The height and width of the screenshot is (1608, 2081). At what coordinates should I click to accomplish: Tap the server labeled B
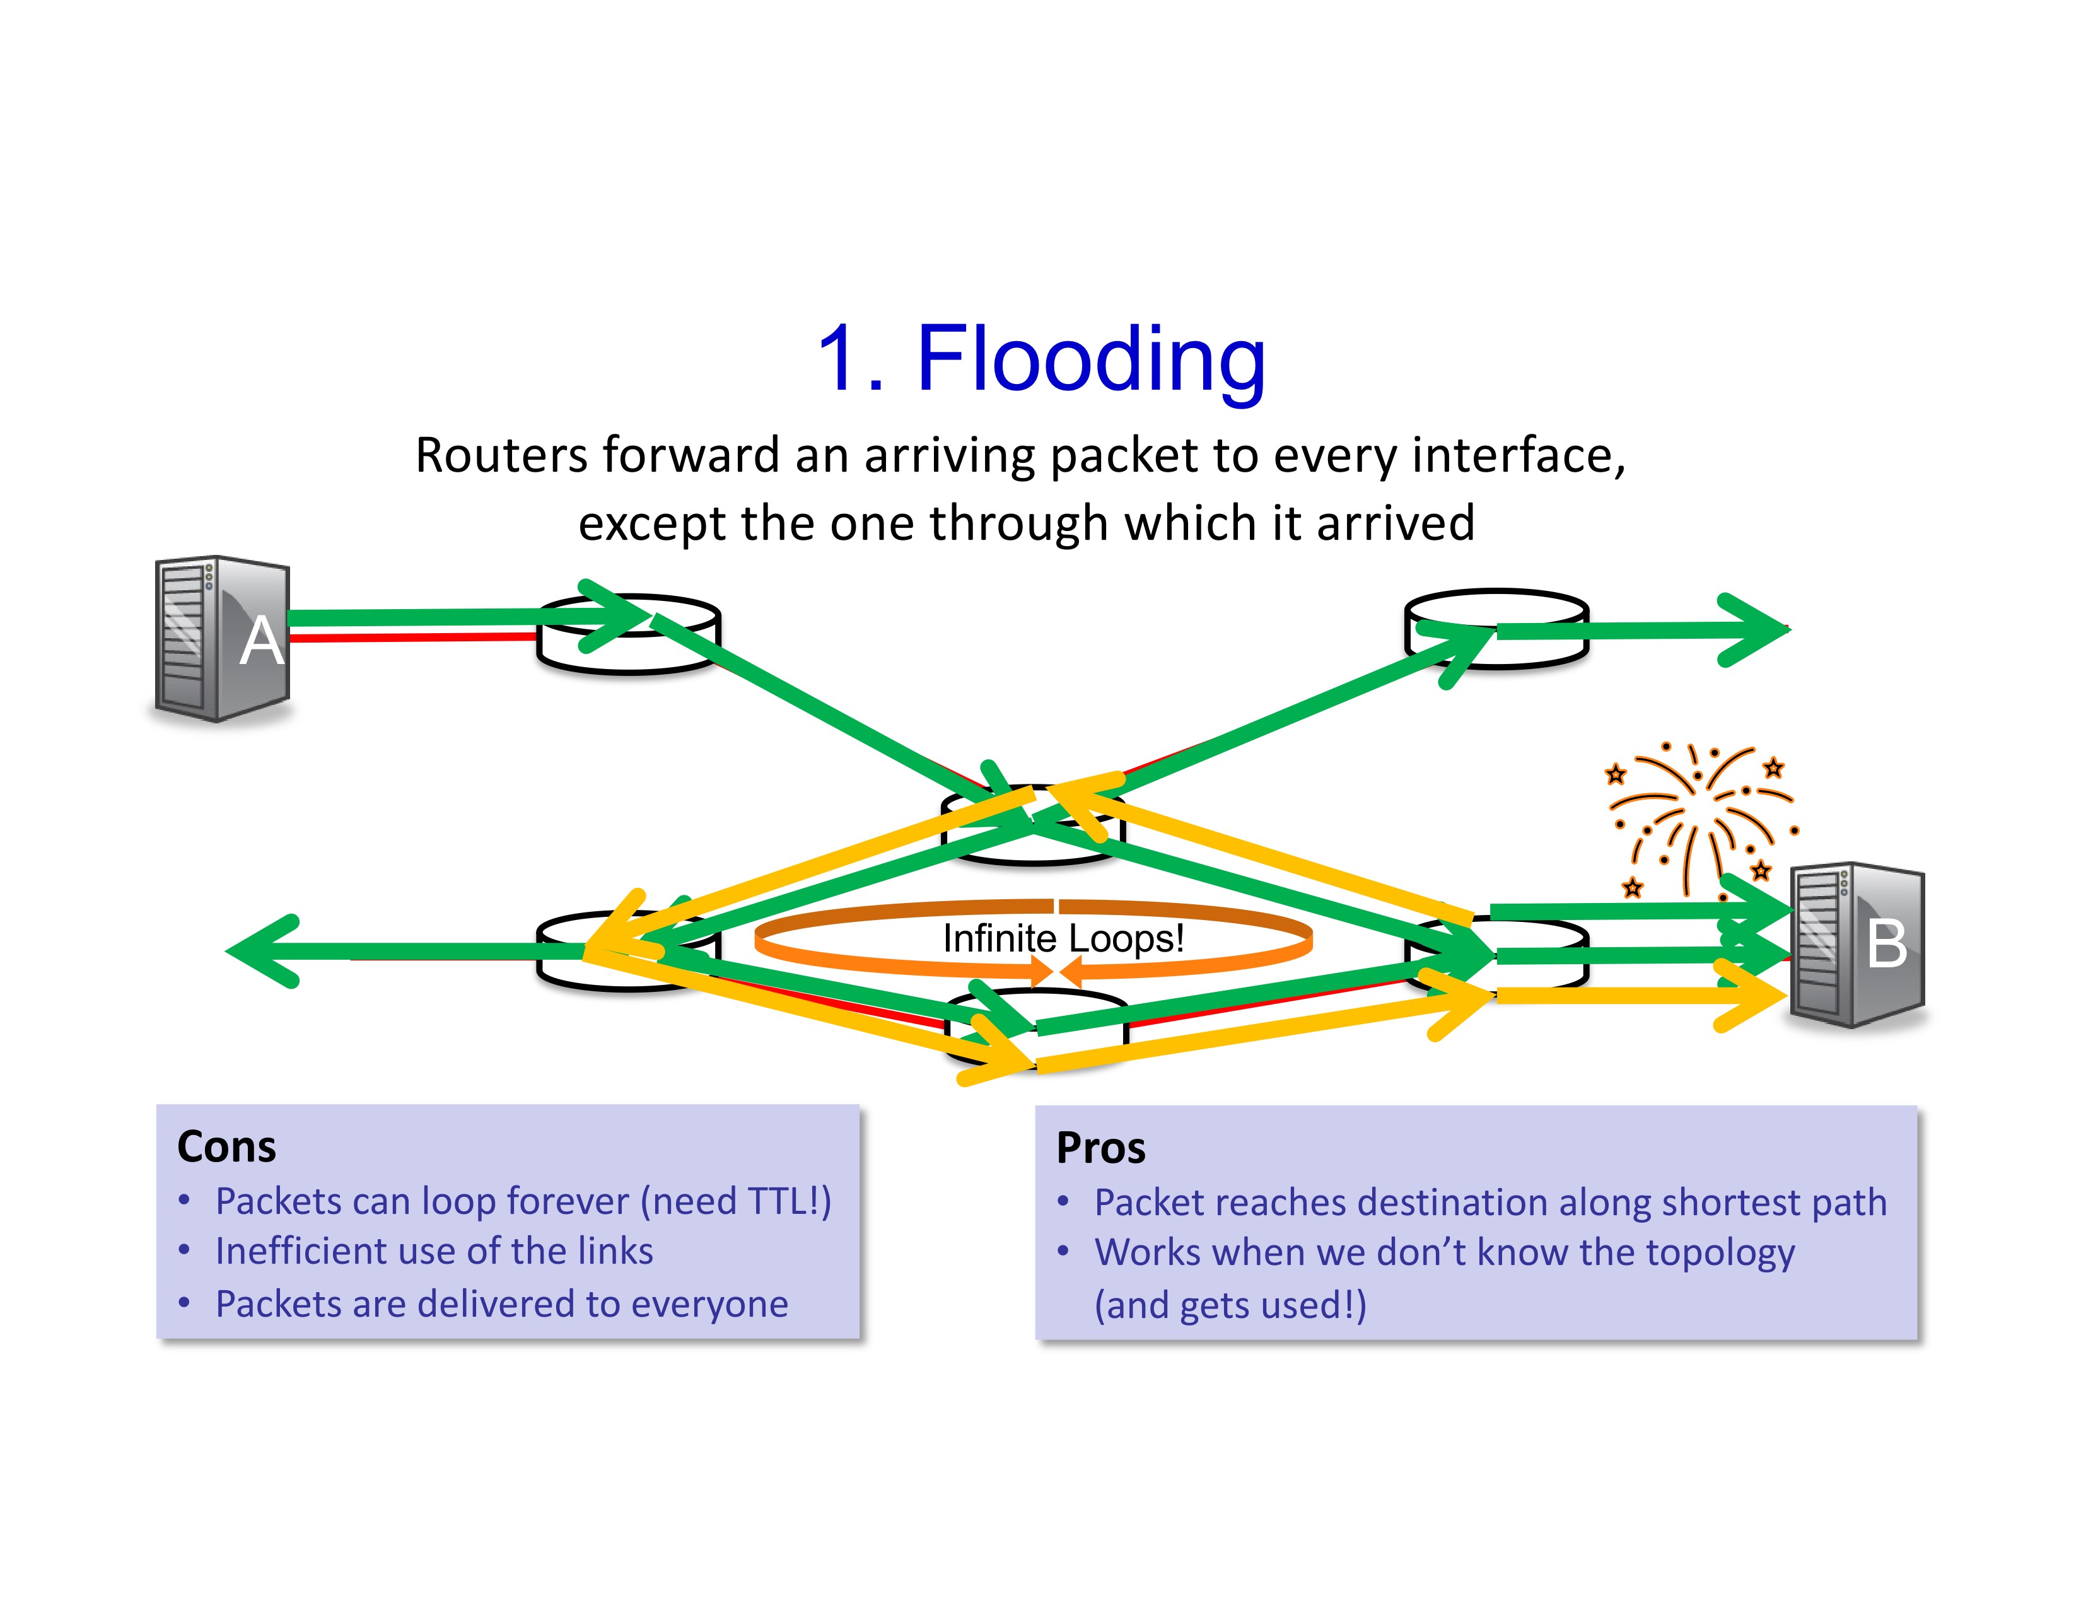coord(1857,945)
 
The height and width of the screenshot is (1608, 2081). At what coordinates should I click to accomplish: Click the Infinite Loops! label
coord(1063,938)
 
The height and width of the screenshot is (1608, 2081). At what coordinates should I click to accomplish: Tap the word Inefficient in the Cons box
coord(302,1251)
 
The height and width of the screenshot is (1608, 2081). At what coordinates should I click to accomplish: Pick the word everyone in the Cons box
coord(710,1304)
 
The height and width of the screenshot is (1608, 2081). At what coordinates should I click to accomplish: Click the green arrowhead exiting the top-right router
coord(1753,630)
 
